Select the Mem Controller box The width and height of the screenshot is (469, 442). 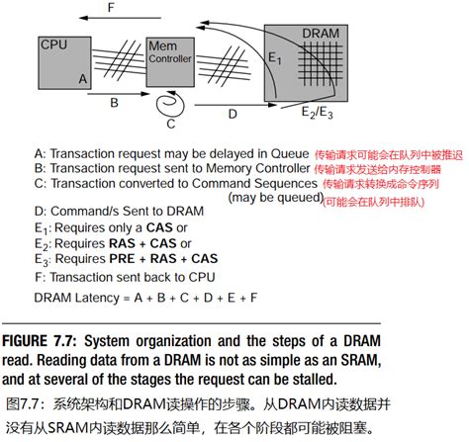point(168,59)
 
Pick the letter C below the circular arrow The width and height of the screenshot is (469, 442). point(170,125)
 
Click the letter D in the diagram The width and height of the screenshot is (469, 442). point(232,115)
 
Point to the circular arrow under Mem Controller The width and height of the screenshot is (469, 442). point(170,103)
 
